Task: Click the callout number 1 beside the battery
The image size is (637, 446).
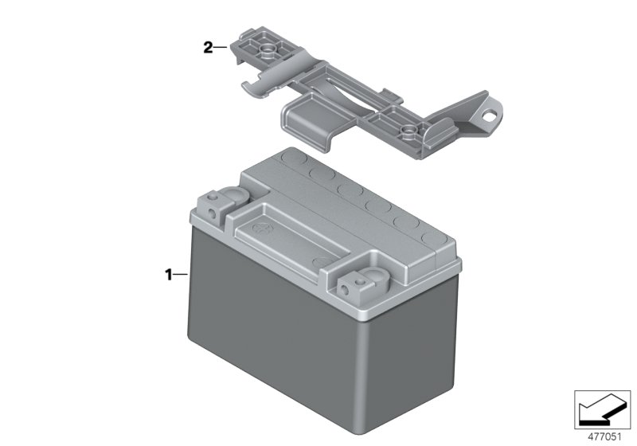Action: tap(168, 275)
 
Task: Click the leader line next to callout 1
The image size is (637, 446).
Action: tap(181, 275)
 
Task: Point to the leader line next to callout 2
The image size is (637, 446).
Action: tap(221, 49)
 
